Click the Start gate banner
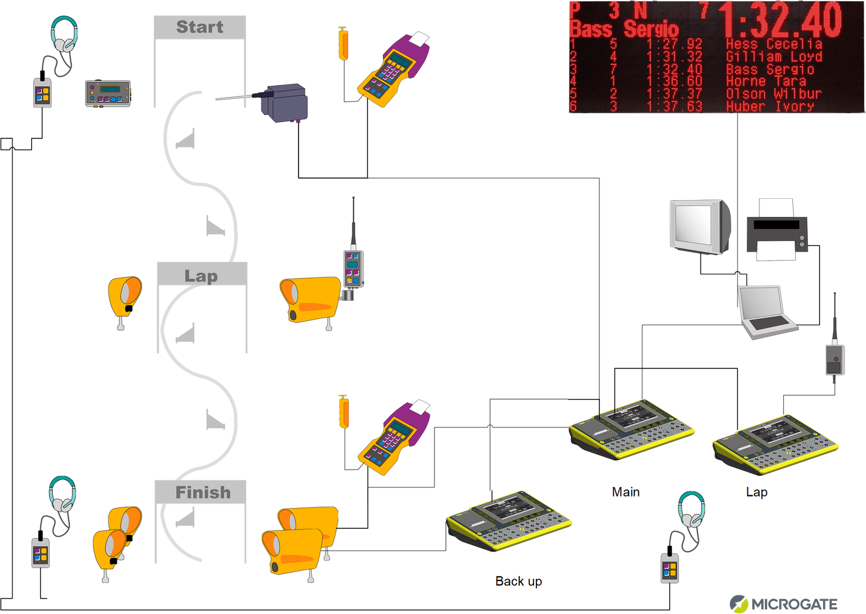200,28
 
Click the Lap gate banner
201,275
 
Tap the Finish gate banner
202,492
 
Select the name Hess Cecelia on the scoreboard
773,44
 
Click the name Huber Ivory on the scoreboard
770,107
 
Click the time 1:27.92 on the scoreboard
674,44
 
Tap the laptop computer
767,312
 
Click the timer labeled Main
631,430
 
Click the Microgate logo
783,604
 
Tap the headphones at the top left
64,35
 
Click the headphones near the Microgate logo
691,510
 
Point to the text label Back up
518,581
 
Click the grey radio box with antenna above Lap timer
834,359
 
